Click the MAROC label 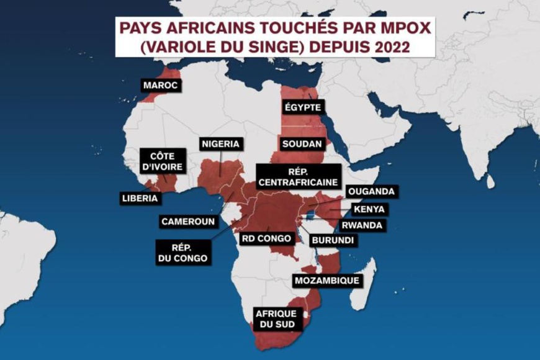click(x=161, y=85)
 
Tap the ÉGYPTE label click(x=302, y=107)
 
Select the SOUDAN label click(x=302, y=144)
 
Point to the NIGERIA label click(x=220, y=145)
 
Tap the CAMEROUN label click(x=188, y=221)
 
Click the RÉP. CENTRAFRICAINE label click(x=299, y=176)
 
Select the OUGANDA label click(x=371, y=192)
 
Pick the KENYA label click(x=369, y=209)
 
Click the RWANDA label click(x=361, y=225)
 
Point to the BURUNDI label click(x=333, y=240)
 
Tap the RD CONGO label click(x=266, y=237)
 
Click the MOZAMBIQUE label click(x=327, y=281)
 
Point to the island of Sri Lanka click(x=490, y=181)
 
